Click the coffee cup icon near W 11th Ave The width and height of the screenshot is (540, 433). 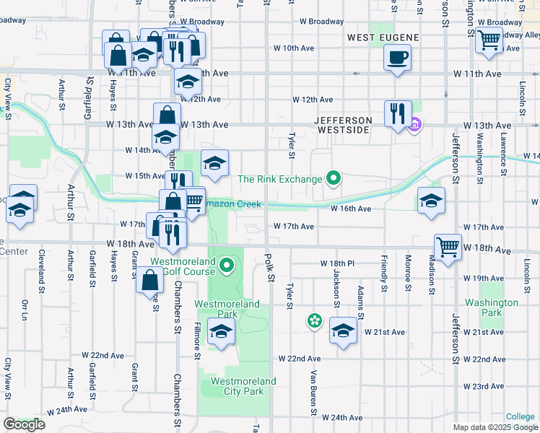coord(396,57)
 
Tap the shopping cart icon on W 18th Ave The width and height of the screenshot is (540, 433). coord(448,247)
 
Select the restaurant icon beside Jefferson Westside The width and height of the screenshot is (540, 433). coord(398,113)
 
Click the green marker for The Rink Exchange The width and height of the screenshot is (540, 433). coord(333,177)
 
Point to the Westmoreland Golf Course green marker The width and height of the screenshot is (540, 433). coord(227,266)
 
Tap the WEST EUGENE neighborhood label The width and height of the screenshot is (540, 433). coord(377,37)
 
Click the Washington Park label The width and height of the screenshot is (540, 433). coord(492,307)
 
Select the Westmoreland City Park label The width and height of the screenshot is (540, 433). coord(243,385)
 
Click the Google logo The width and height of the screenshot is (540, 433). coord(24,424)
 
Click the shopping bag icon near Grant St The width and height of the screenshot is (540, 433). coord(149,281)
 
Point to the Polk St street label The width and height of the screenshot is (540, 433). coord(269,268)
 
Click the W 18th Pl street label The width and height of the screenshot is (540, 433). coord(337,263)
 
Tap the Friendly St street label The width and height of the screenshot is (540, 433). coord(385,274)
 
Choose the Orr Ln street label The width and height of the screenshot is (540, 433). coord(25,310)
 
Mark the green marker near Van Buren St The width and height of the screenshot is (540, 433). coord(314,320)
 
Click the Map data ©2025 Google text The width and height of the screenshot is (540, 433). coord(496,427)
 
